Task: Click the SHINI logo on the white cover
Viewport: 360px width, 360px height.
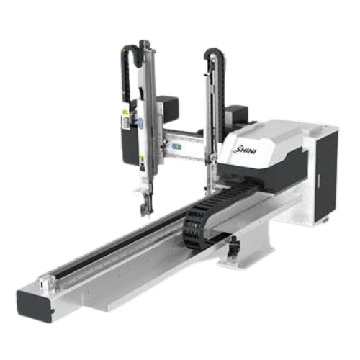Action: [x=245, y=150]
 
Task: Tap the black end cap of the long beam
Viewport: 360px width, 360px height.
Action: [x=35, y=306]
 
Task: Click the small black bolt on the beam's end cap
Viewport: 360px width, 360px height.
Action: [x=53, y=311]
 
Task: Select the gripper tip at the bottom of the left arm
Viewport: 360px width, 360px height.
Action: [x=146, y=206]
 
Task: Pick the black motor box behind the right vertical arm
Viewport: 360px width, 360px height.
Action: [x=236, y=114]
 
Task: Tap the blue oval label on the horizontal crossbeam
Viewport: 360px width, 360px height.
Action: [x=176, y=146]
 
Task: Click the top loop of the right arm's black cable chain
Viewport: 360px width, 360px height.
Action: [x=214, y=52]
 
